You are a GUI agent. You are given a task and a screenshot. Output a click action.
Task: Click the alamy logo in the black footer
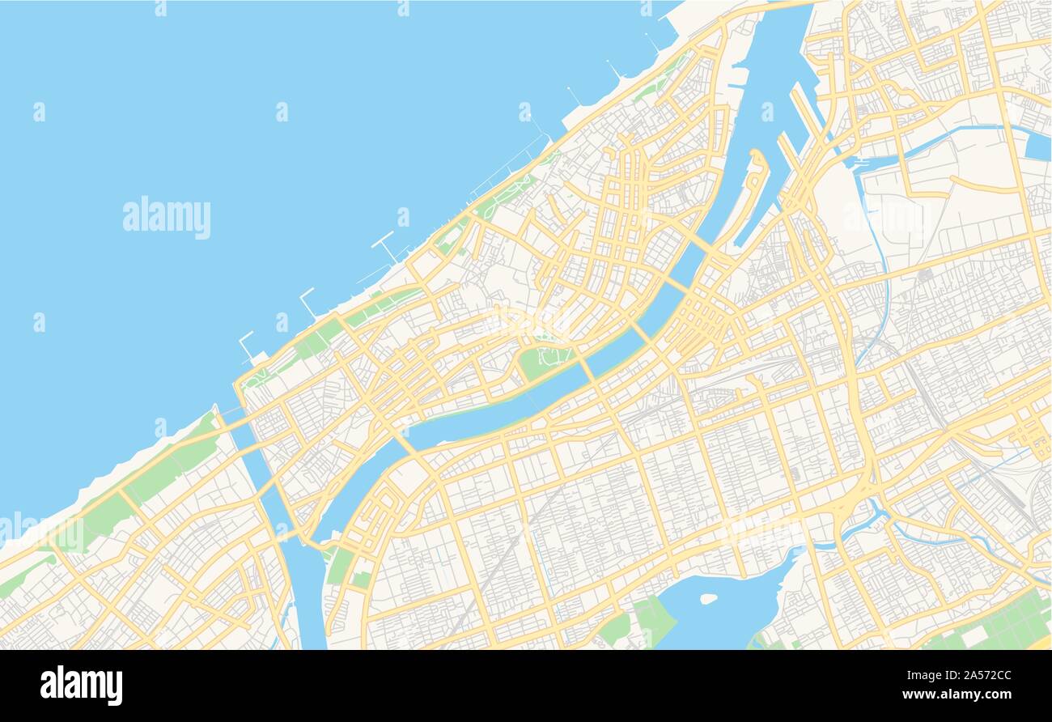click(x=81, y=685)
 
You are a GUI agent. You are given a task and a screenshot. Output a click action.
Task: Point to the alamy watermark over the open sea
click(x=167, y=218)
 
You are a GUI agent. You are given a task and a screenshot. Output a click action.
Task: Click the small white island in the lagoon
click(x=708, y=599)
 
